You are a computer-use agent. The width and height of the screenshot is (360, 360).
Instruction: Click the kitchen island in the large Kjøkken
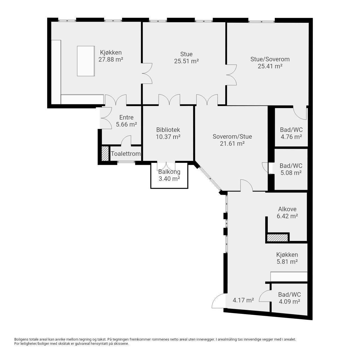click(x=86, y=61)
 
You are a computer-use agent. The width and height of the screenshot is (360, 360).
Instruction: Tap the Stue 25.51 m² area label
click(x=186, y=58)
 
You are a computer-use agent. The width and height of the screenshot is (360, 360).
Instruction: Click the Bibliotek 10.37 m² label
click(x=168, y=133)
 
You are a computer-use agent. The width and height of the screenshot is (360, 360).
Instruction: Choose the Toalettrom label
click(x=126, y=154)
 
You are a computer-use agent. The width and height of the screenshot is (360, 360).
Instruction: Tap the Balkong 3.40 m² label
click(x=169, y=175)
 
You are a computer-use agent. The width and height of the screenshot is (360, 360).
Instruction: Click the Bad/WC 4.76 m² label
click(x=291, y=133)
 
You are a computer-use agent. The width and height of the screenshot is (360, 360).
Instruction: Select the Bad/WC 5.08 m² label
click(x=291, y=169)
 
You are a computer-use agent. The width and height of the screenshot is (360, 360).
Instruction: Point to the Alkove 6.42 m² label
click(x=287, y=212)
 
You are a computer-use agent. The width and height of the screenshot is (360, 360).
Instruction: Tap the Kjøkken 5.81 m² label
click(x=287, y=258)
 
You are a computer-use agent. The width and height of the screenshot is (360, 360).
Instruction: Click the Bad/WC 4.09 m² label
click(x=289, y=298)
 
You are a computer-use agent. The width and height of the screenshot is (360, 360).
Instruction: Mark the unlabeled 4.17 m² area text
click(x=243, y=300)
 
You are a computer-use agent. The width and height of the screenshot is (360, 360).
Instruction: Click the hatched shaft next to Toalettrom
click(x=105, y=154)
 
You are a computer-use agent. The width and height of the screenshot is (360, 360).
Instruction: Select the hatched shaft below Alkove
click(x=277, y=238)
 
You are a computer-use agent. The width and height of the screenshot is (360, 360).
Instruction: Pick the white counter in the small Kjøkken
click(x=289, y=277)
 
